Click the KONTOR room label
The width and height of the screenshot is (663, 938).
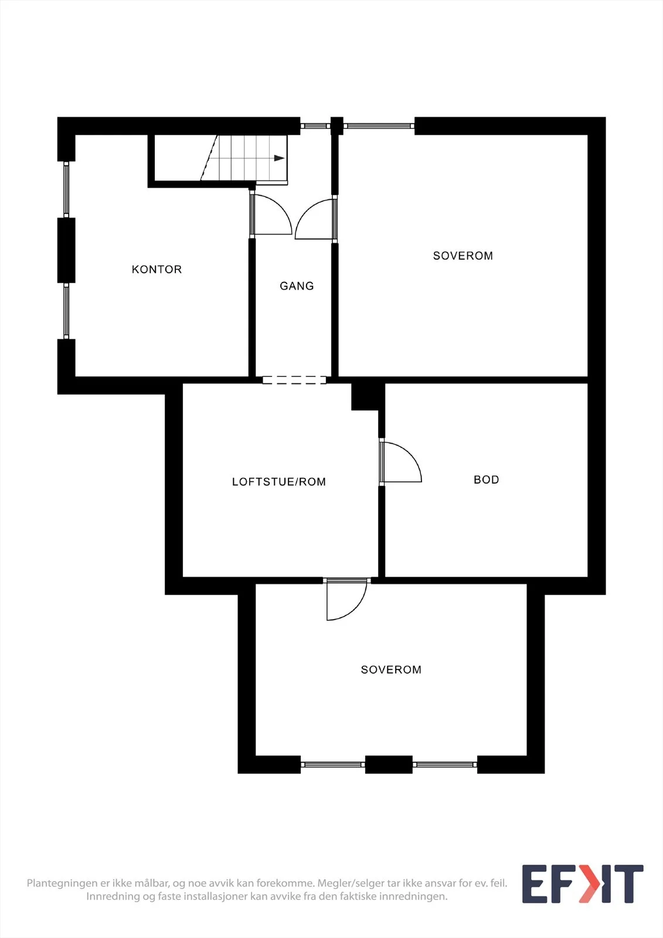point(157,269)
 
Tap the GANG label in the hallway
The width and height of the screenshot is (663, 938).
point(297,286)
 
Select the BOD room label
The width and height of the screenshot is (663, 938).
point(486,480)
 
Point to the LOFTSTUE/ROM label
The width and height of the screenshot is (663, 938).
point(279,481)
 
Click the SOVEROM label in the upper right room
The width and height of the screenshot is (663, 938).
point(463,256)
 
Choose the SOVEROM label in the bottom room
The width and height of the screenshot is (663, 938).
point(391,669)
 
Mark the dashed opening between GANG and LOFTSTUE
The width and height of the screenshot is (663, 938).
point(294,380)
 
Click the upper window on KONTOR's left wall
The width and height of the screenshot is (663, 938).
point(66,189)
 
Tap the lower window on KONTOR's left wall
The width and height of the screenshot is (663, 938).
point(66,311)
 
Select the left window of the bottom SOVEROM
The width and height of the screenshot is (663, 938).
point(332,764)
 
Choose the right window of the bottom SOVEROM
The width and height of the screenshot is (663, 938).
point(445,764)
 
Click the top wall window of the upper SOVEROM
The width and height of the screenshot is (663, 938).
point(379,125)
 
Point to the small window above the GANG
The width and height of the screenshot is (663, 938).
point(315,125)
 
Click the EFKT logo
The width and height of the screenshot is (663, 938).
point(583,883)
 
